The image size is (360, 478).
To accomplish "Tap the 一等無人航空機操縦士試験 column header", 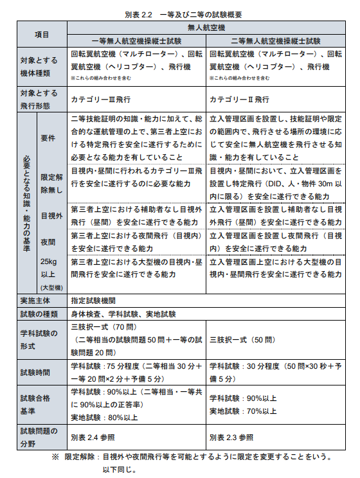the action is tap(136, 40).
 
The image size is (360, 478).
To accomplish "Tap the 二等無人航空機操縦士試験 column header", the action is tap(275, 40).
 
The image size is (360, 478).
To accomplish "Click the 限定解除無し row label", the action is tap(51, 183).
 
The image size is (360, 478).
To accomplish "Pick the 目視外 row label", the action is tap(50, 215).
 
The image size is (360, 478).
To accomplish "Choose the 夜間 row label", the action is tap(49, 243).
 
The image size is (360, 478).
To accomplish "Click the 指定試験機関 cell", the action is tap(93, 300).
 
